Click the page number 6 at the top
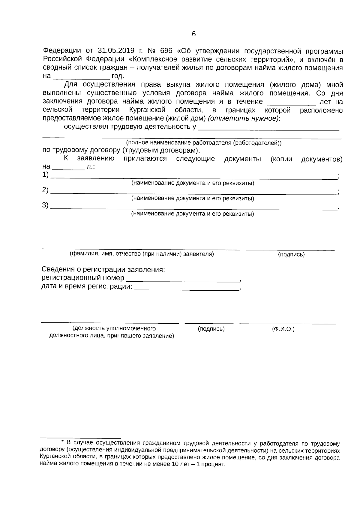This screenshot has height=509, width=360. click(x=193, y=34)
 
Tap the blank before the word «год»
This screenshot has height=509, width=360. click(x=81, y=76)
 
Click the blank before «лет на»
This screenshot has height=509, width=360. click(x=291, y=102)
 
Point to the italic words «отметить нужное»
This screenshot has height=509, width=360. click(x=243, y=118)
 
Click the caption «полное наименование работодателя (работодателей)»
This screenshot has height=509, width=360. click(x=204, y=143)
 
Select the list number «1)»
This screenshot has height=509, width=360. click(x=45, y=175)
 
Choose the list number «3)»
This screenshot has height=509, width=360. click(x=45, y=206)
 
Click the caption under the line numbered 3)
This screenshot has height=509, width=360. click(x=193, y=214)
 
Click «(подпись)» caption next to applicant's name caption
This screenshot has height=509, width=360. click(x=291, y=255)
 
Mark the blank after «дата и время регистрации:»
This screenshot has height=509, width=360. click(x=187, y=287)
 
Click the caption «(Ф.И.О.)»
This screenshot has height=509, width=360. click(x=283, y=329)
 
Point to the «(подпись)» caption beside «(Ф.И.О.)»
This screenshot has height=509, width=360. click(x=211, y=329)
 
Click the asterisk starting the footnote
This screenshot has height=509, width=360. click(x=62, y=442)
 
